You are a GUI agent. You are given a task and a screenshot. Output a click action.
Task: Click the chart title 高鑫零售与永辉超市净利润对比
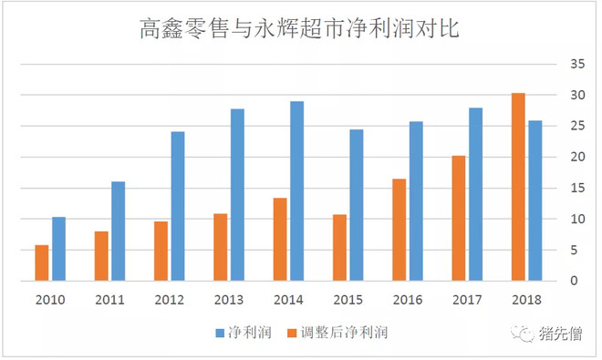point(300,30)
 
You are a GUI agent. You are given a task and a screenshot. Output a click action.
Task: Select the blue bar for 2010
point(58,249)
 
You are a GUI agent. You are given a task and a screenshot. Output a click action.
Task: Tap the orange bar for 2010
point(42,262)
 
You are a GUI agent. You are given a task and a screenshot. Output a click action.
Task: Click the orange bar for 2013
point(220,247)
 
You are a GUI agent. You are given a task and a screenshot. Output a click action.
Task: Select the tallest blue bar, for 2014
point(296,190)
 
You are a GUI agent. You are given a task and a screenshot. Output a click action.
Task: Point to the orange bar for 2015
point(339,247)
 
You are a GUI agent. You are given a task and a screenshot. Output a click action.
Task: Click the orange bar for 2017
point(459,218)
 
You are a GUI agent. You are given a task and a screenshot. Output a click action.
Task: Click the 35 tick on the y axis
point(573,64)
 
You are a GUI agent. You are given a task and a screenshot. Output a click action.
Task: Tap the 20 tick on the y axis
point(573,157)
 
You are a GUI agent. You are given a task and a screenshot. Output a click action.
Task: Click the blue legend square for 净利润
point(219,333)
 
